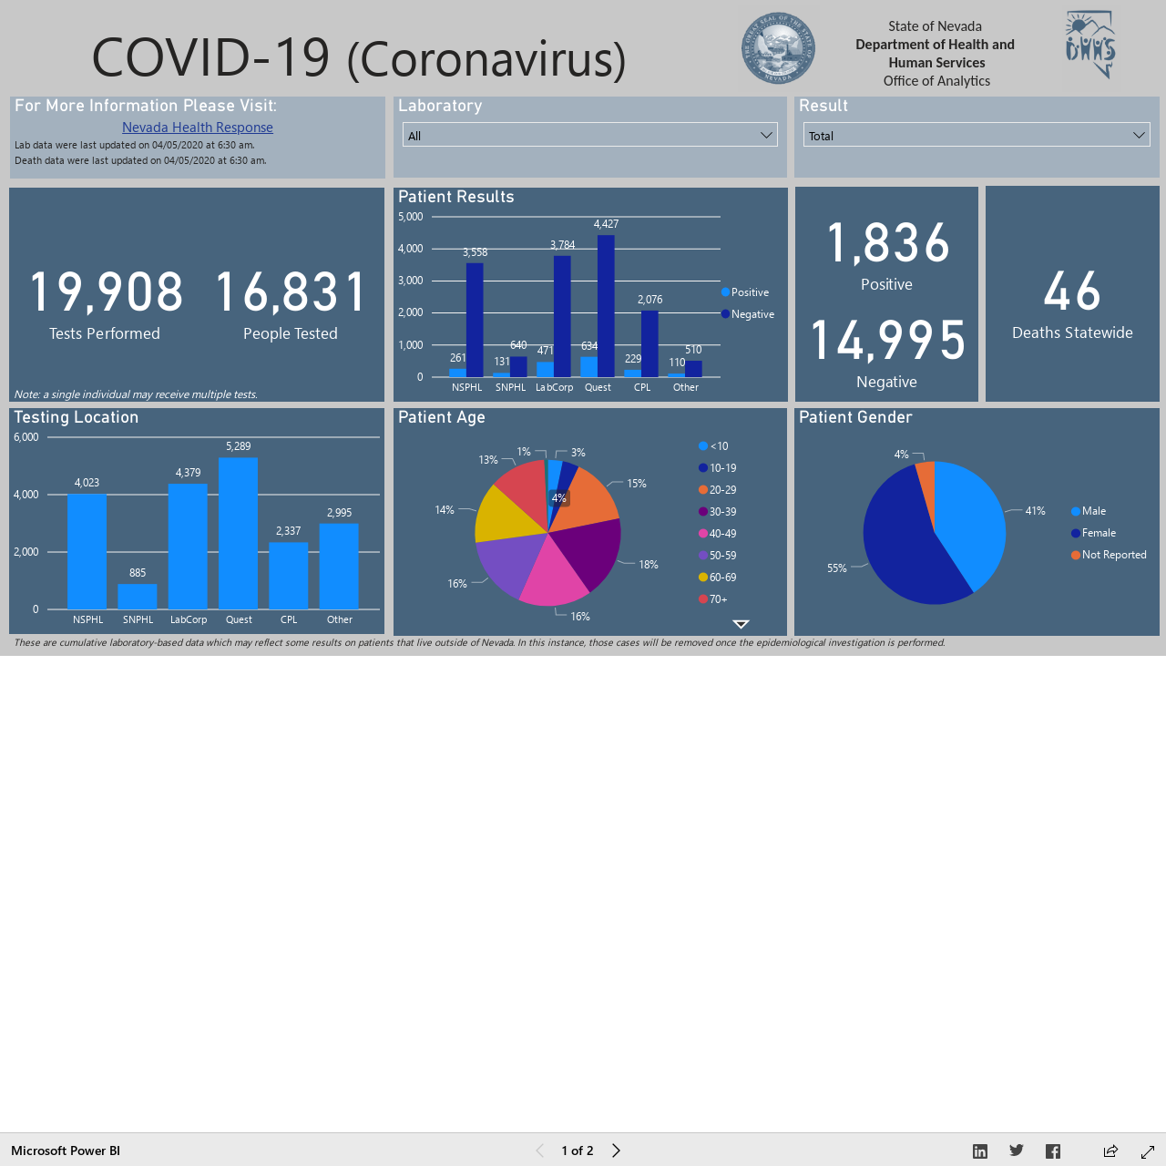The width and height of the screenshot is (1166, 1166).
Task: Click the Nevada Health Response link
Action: click(198, 127)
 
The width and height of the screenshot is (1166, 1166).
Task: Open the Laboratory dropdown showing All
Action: click(589, 135)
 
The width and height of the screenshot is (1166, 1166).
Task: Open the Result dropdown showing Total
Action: click(976, 135)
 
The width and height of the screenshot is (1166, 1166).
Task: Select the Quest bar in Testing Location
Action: click(238, 533)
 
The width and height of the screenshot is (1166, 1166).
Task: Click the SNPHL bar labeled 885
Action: click(138, 597)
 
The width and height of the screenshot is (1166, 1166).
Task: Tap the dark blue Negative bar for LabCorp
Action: click(562, 316)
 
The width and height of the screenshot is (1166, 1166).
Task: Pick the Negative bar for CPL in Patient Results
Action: click(649, 343)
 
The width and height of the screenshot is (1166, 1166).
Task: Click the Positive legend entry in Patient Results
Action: click(745, 292)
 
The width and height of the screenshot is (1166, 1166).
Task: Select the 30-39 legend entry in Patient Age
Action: click(718, 512)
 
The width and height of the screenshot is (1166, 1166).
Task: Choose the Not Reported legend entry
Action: click(1109, 555)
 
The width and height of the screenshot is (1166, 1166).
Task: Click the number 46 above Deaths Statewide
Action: click(1071, 291)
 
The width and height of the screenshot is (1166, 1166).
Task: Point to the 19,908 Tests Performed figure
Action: click(107, 292)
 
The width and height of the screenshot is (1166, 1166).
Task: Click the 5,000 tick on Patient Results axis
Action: click(410, 217)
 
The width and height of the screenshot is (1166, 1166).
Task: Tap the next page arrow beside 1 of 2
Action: click(616, 1151)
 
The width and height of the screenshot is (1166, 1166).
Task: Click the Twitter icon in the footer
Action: click(1017, 1151)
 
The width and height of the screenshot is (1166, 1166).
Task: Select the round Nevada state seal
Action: click(778, 47)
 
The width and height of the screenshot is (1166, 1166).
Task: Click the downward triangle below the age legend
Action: click(741, 624)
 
